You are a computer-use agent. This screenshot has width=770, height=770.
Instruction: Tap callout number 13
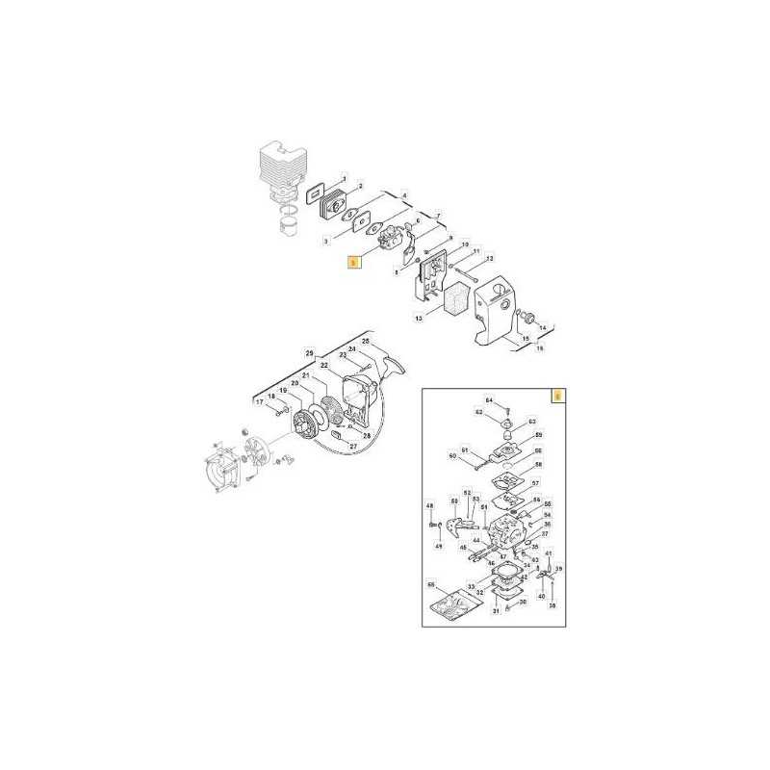419,317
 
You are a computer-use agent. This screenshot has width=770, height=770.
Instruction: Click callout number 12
489,258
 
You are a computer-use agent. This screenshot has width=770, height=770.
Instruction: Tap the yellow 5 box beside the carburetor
354,260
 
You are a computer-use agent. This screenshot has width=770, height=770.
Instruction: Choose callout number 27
353,446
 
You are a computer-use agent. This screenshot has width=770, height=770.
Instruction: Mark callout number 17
258,401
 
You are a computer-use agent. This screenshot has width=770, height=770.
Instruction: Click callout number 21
305,375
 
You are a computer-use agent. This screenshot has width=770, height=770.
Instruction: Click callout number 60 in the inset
451,455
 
